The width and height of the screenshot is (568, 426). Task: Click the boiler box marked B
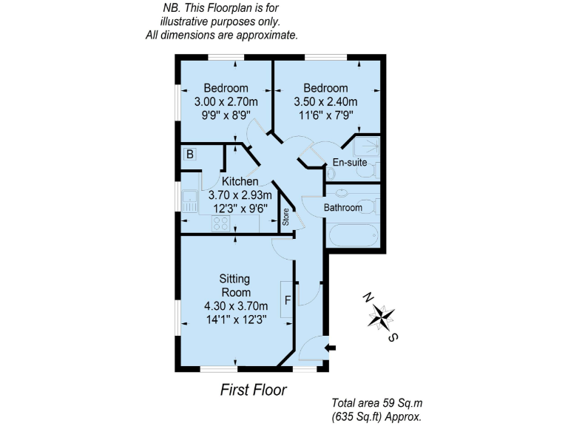(x=190, y=155)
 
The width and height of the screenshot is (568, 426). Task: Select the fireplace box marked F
(x=287, y=300)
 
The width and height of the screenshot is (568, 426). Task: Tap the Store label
(x=285, y=218)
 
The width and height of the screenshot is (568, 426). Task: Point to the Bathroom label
(x=343, y=208)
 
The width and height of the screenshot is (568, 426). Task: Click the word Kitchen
(x=240, y=181)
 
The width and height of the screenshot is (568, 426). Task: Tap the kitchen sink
(x=190, y=198)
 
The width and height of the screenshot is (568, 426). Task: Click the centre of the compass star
(x=381, y=317)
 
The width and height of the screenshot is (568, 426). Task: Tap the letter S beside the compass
(x=394, y=338)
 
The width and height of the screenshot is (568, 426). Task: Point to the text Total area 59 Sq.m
(x=376, y=404)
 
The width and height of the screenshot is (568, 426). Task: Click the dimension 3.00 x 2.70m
(x=226, y=102)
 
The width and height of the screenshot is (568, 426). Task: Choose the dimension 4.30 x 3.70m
(x=234, y=305)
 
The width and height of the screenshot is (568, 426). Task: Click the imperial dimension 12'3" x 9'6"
(x=240, y=209)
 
